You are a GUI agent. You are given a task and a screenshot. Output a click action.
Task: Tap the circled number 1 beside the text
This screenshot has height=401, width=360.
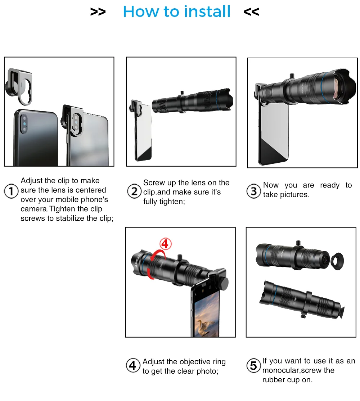11,191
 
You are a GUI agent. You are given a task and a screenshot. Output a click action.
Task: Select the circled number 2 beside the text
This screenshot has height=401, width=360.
134,191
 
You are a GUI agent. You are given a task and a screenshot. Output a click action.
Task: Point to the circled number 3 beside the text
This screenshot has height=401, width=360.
254,191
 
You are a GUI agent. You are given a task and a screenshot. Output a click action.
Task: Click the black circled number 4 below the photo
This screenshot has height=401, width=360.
133,365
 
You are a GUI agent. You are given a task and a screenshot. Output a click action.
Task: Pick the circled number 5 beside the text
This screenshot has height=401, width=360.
253,365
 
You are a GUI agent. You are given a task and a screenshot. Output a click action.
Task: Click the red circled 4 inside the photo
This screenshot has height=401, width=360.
166,244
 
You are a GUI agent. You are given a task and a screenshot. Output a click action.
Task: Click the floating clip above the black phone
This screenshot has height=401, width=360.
19,86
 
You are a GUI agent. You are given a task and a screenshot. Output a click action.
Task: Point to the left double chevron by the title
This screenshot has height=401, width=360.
98,12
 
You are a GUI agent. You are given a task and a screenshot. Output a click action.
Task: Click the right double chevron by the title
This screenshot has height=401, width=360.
251,12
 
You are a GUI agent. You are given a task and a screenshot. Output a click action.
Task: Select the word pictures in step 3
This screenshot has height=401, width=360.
294,195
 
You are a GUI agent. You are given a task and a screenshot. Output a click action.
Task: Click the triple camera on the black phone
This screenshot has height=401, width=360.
24,124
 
